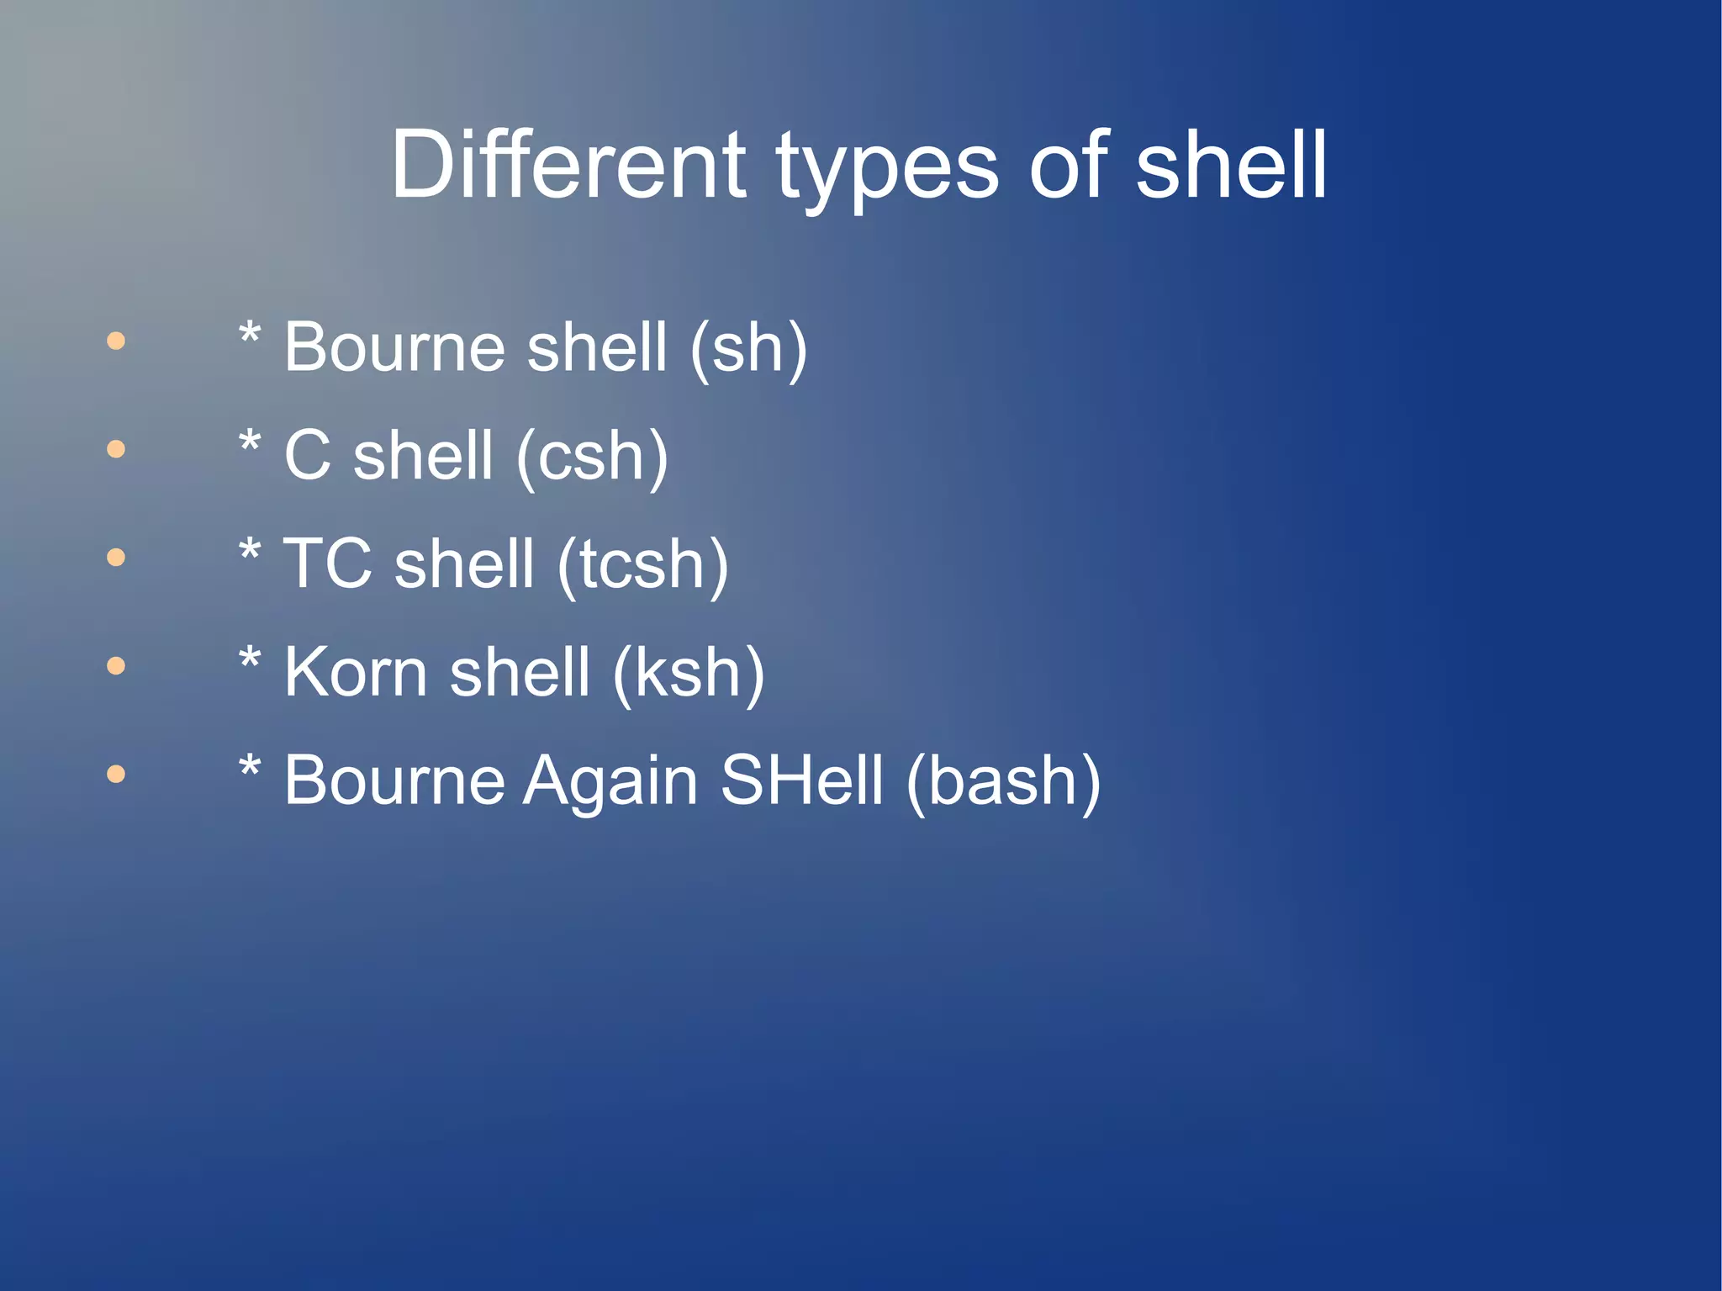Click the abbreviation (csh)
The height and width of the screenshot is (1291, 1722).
592,457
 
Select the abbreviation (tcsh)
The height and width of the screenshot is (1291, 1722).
642,564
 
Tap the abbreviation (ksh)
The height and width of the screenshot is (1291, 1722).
689,673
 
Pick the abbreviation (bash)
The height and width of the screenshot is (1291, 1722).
1003,780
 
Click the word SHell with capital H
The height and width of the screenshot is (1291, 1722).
802,780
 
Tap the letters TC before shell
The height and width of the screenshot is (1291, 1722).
327,563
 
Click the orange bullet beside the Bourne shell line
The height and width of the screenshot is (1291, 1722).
116,341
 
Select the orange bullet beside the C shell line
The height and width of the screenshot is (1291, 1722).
116,449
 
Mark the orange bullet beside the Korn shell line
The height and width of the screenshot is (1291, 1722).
116,666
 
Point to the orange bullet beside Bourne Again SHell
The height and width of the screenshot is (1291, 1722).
116,774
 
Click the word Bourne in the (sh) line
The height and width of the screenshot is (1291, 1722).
394,348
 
